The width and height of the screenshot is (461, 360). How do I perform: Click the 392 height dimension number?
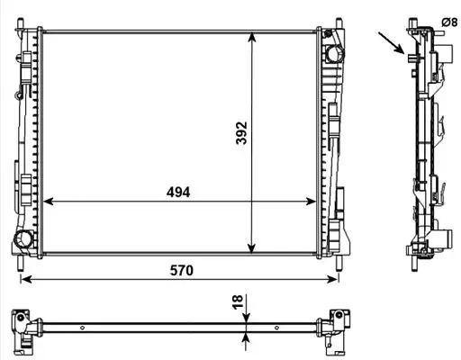click(x=241, y=133)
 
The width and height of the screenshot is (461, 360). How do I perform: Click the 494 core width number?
click(x=178, y=192)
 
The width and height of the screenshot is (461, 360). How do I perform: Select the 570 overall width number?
click(x=182, y=270)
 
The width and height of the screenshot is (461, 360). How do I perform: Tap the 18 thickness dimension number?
click(x=237, y=302)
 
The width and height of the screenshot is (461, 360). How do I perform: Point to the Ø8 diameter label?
click(x=449, y=22)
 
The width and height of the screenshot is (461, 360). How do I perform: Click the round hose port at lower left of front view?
click(x=23, y=239)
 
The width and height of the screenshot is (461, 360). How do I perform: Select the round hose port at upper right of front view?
click(x=334, y=54)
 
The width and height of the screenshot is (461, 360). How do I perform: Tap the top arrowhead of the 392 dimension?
click(x=252, y=37)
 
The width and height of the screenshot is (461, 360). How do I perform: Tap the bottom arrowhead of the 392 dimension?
click(x=251, y=247)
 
